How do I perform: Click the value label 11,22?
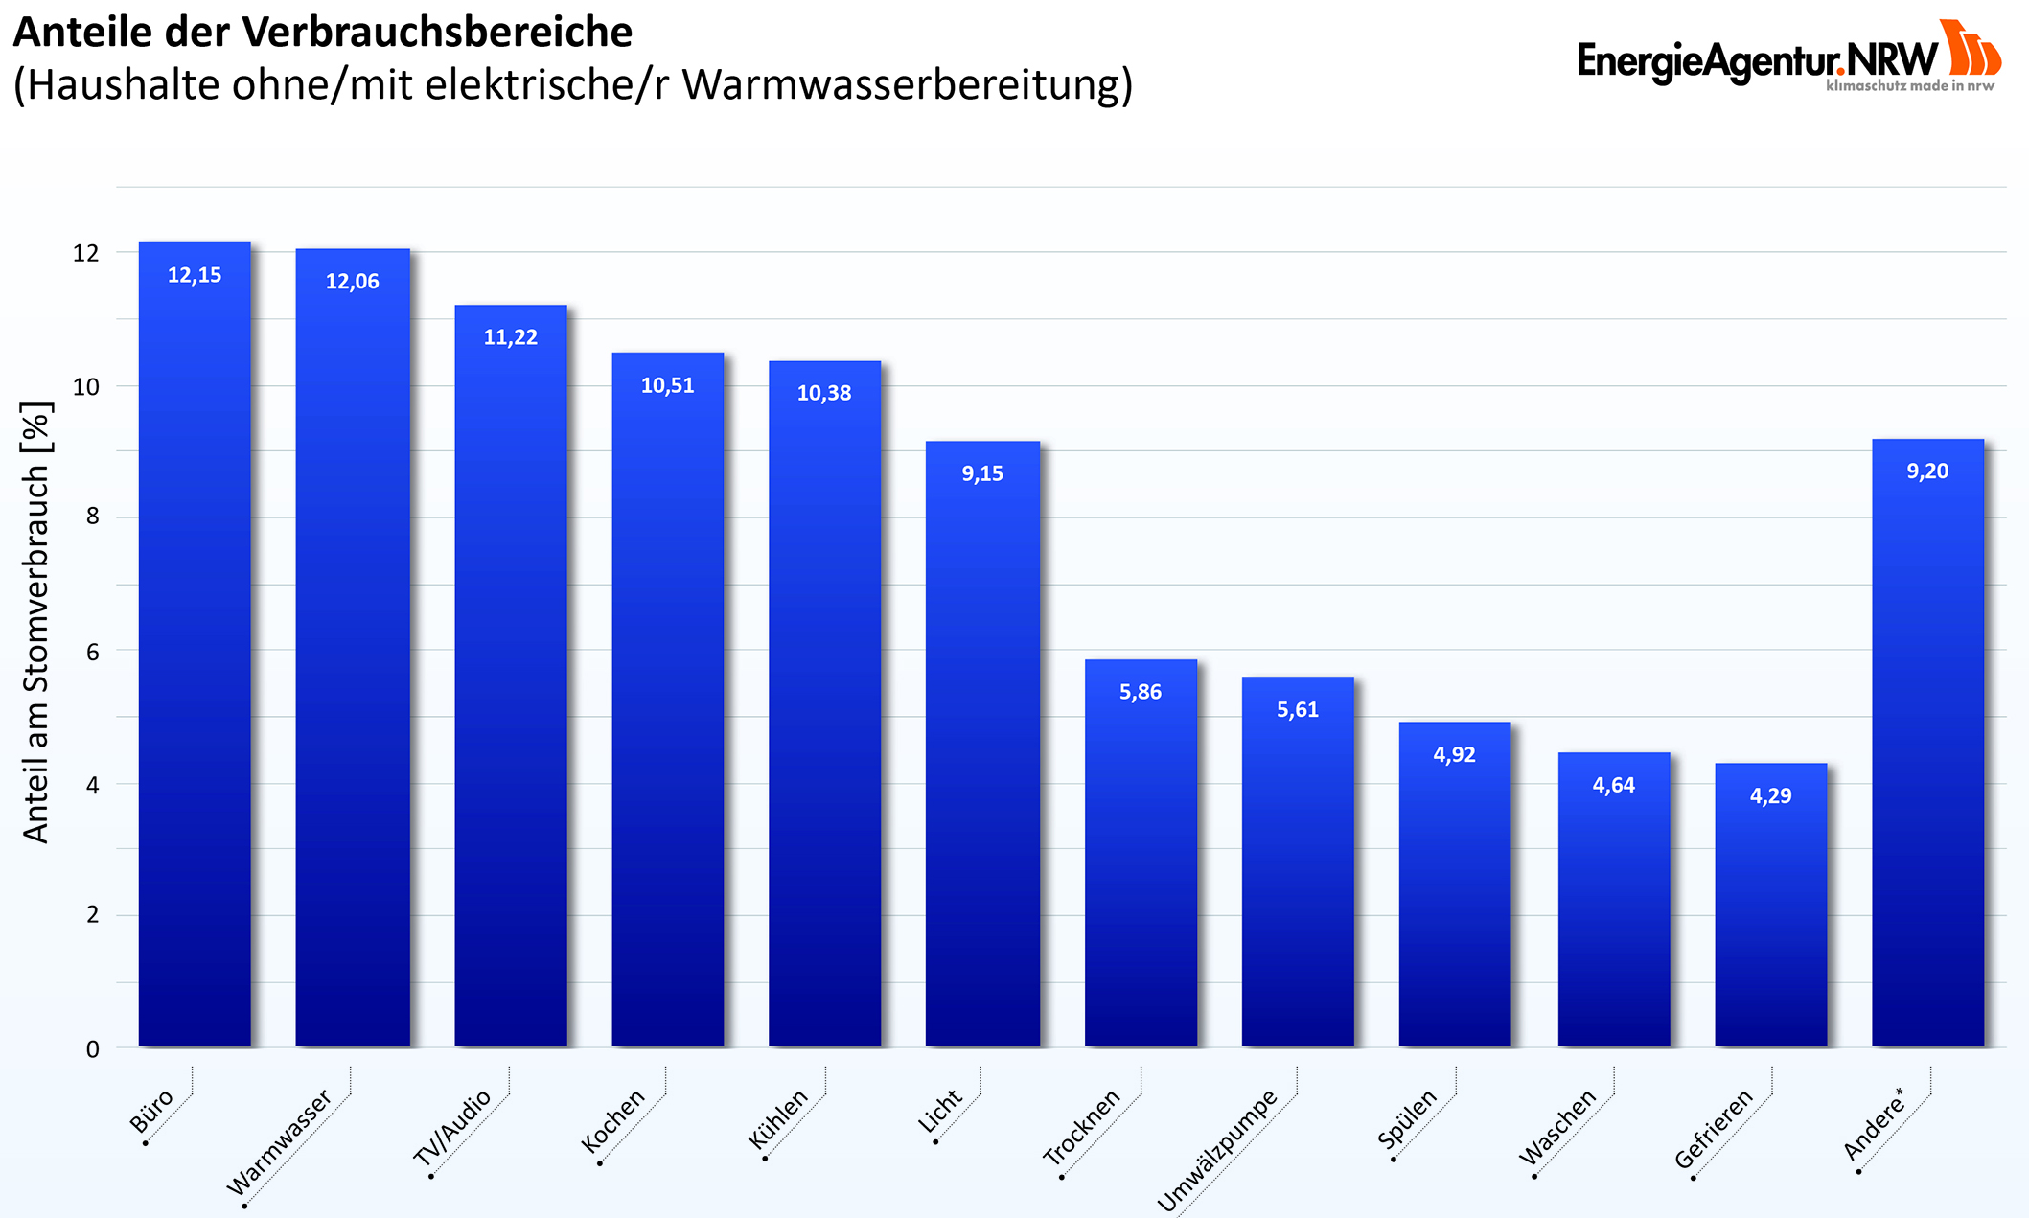(x=511, y=337)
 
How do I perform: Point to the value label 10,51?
(x=668, y=385)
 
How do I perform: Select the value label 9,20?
(x=1927, y=471)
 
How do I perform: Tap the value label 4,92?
(x=1454, y=754)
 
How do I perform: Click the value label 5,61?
(x=1298, y=709)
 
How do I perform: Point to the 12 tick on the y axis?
(x=86, y=253)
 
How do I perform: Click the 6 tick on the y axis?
(x=93, y=652)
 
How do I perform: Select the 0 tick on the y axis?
(x=93, y=1049)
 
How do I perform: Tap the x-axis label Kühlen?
(x=779, y=1118)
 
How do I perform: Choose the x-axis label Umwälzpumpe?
(x=1217, y=1151)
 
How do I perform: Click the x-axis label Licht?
(x=940, y=1111)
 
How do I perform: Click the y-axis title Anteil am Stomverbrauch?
(x=36, y=623)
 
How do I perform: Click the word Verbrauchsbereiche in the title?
(x=437, y=33)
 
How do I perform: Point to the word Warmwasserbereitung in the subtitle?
(x=907, y=84)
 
